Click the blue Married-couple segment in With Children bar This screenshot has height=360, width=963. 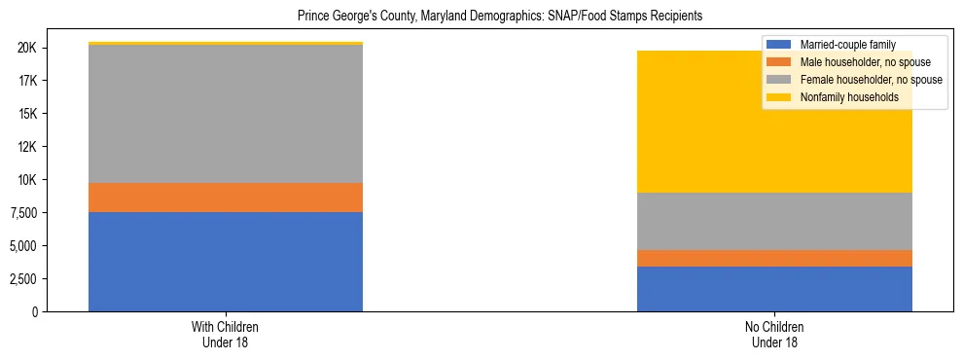tap(226, 261)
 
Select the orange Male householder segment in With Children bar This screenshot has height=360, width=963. tap(226, 198)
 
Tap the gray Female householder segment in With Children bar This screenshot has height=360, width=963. tap(226, 114)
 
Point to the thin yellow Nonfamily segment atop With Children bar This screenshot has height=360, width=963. tap(226, 44)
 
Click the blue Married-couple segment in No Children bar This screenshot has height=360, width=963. tap(774, 288)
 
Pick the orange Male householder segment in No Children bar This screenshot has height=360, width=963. tap(774, 258)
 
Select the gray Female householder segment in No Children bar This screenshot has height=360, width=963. tap(774, 221)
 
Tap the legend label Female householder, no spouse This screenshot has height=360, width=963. tap(870, 80)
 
